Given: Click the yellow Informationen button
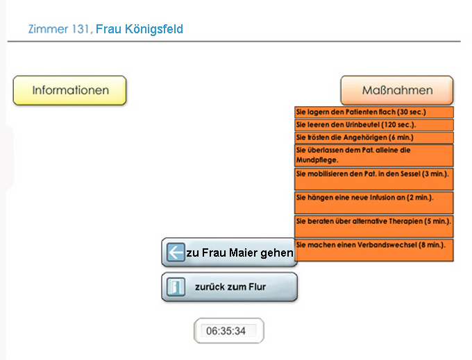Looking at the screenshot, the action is pos(69,90).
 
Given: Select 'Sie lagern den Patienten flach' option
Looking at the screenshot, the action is pos(374,112).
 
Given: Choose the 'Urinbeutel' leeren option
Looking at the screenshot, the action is pos(374,125).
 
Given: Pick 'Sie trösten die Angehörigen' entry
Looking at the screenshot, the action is pos(374,137).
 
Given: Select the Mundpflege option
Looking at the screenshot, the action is pos(374,155).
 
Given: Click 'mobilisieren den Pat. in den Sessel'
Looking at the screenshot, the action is pos(374,179).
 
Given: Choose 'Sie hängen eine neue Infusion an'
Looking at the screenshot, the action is pos(374,203).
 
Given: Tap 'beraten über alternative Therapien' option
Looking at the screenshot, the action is pos(374,226).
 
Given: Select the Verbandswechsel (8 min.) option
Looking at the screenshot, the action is pos(374,250).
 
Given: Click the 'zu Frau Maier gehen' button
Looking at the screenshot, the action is pos(229,252).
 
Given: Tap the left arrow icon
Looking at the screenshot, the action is pos(176,252).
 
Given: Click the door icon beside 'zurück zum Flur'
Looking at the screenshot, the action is pos(176,286).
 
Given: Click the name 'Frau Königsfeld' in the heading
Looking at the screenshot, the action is pos(140,29).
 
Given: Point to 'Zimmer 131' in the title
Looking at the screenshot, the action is pos(59,29).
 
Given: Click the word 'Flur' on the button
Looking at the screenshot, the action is pos(257,286).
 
